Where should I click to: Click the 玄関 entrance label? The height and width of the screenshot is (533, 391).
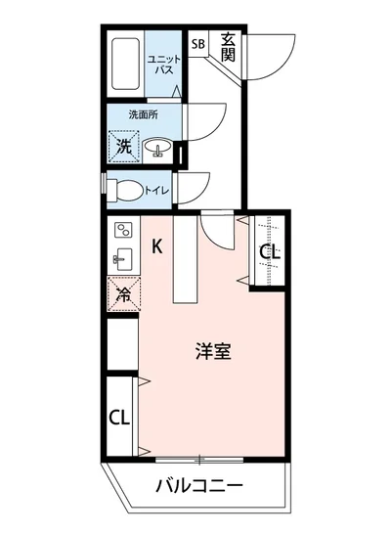point(228,46)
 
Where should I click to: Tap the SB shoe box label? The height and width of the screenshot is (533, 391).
point(198,44)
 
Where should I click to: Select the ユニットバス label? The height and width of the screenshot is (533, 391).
point(162,67)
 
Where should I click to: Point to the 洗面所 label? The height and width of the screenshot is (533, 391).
point(143,114)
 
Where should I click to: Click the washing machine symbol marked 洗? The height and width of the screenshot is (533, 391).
point(124,147)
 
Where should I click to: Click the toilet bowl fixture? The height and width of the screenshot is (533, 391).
point(124,189)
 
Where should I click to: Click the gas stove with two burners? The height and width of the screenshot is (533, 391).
point(124,231)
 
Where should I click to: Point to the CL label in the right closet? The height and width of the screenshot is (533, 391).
point(271,251)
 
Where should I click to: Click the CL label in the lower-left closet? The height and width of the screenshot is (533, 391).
point(119,419)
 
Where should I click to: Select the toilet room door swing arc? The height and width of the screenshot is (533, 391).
point(198,188)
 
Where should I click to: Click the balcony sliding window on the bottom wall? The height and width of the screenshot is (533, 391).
point(198,458)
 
